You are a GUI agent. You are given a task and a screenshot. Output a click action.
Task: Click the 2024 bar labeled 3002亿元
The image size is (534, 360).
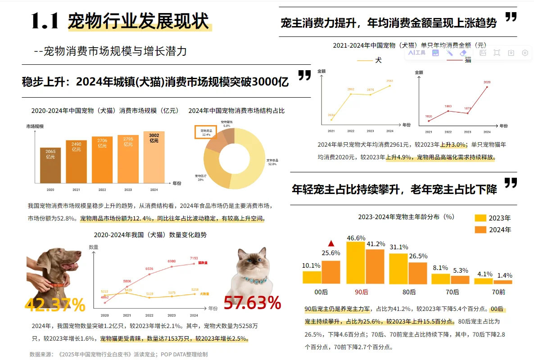(154, 157)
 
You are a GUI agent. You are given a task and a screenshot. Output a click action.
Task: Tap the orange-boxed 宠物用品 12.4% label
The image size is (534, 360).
(206, 132)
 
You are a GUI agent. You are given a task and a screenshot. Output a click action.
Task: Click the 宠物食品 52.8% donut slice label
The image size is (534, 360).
(272, 162)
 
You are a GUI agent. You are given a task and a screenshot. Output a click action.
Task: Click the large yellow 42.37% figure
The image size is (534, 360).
(55, 305)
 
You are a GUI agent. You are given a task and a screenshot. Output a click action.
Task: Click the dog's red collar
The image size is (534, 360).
(55, 284)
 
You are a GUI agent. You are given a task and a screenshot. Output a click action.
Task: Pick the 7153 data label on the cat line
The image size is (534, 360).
(193, 258)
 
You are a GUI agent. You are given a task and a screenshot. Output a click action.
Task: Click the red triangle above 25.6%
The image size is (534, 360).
(331, 243)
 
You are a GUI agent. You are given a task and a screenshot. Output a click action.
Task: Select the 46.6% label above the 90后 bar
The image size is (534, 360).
(356, 238)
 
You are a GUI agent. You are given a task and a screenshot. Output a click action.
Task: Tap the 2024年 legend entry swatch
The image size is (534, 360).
(481, 229)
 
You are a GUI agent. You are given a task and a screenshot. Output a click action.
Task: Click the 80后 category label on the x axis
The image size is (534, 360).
(409, 292)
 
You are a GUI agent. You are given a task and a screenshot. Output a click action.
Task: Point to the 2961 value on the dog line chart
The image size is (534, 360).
(389, 81)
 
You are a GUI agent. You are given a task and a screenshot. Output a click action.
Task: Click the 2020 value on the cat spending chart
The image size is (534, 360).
(487, 82)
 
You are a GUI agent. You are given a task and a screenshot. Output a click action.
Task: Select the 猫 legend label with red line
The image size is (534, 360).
(468, 60)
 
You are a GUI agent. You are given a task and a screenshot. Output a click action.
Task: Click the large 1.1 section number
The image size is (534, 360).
(45, 21)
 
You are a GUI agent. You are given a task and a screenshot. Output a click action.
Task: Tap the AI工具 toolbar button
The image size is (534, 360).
(417, 53)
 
